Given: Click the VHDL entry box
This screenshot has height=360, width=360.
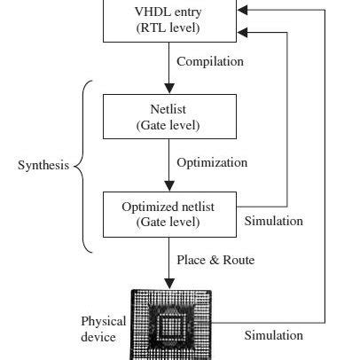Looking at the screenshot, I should pyautogui.click(x=168, y=20).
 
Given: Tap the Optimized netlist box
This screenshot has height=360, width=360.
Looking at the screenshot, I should pyautogui.click(x=168, y=214).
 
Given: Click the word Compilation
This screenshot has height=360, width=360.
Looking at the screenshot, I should pyautogui.click(x=210, y=62).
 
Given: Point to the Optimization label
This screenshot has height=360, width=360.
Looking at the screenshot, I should pyautogui.click(x=212, y=163).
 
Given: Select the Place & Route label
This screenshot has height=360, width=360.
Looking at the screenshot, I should pyautogui.click(x=215, y=260).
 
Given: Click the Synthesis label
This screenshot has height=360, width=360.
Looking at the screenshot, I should pyautogui.click(x=43, y=166).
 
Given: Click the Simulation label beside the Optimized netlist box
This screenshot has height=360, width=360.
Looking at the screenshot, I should pyautogui.click(x=274, y=221).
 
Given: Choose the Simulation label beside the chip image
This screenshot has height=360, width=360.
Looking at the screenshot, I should pyautogui.click(x=274, y=335).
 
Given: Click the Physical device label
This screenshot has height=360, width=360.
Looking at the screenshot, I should pyautogui.click(x=104, y=328).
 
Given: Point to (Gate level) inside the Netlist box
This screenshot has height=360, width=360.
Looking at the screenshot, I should pyautogui.click(x=168, y=125).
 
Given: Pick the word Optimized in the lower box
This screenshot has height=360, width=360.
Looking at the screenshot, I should pyautogui.click(x=145, y=207).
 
